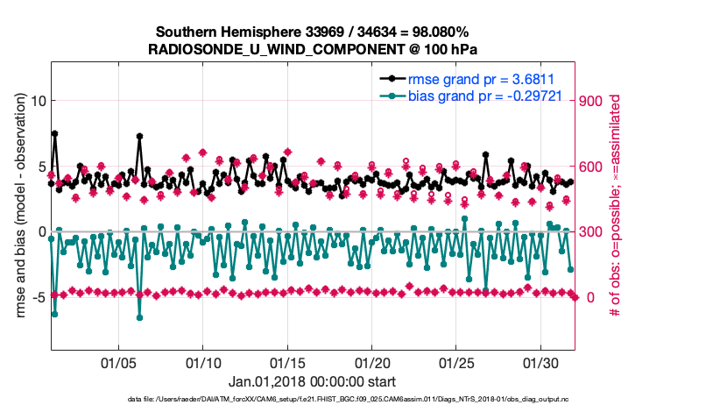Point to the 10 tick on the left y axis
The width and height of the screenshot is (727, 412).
point(38,101)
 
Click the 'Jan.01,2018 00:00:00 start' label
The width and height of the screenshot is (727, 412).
point(312,382)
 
